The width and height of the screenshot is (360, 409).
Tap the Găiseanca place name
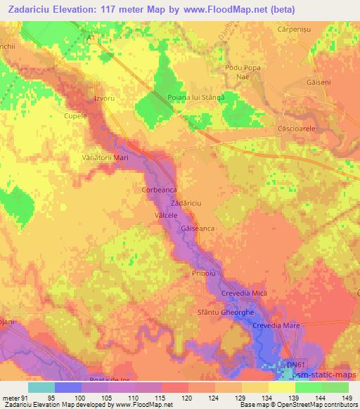(x=198, y=229)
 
